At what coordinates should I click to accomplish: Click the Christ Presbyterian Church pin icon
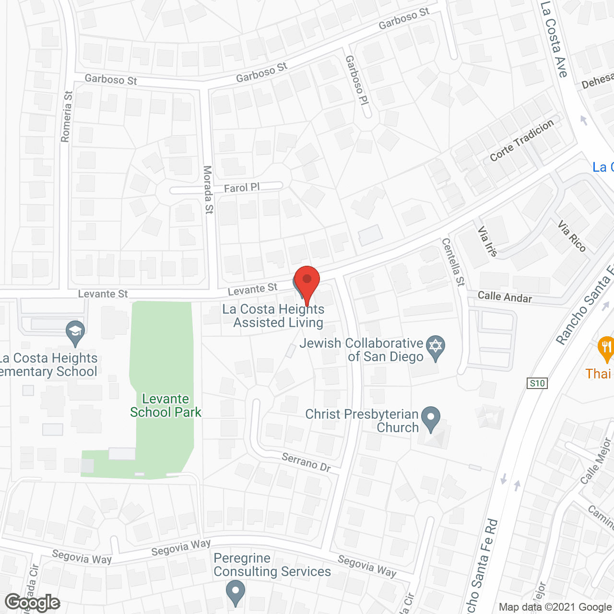431,418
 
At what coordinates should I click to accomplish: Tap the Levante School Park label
166,406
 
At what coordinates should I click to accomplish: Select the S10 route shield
537,383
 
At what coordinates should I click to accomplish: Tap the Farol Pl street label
242,188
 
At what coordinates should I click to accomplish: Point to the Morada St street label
208,189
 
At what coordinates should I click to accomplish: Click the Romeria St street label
67,117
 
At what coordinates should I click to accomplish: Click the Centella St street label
453,262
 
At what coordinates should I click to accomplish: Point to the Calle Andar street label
505,297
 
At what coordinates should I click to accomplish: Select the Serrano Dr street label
306,462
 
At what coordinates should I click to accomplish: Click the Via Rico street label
572,236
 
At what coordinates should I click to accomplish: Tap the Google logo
33,602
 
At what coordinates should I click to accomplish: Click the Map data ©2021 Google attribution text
555,607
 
